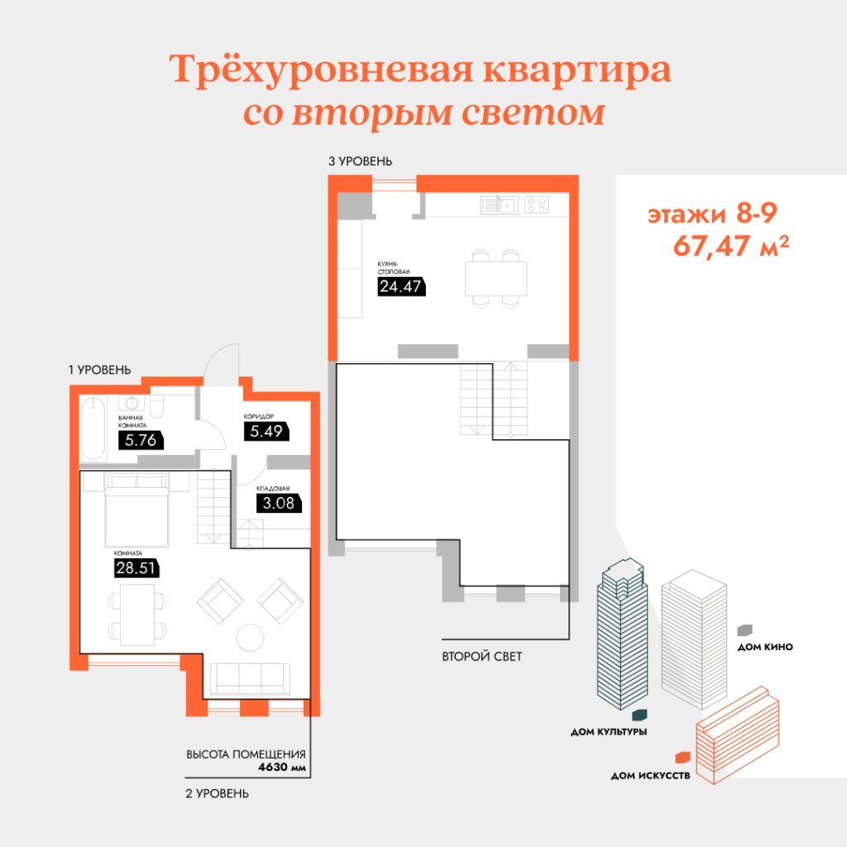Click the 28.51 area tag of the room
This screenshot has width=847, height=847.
click(x=136, y=567)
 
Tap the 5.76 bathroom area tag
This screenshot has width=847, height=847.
click(x=141, y=440)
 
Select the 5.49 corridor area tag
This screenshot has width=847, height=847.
click(x=266, y=431)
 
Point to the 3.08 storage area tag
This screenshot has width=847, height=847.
click(x=279, y=504)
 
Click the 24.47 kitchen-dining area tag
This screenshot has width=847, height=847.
click(x=401, y=286)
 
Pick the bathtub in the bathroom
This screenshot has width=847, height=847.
click(x=93, y=428)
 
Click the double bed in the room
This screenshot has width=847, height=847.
click(x=136, y=510)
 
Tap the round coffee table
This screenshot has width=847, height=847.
click(x=250, y=638)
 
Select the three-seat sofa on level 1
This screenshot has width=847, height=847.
click(x=250, y=679)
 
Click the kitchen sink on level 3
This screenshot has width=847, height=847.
click(x=499, y=205)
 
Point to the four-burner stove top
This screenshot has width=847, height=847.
click(x=537, y=205)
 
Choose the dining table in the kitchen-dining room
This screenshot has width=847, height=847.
click(x=496, y=278)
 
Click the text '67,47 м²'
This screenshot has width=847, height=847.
click(x=731, y=246)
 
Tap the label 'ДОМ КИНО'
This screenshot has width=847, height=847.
click(x=765, y=647)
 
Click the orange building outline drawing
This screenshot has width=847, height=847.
click(x=738, y=735)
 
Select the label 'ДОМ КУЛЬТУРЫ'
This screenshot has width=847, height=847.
click(x=609, y=732)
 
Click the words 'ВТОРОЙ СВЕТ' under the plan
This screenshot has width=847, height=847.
click(x=482, y=657)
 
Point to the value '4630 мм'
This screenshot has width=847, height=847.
click(x=282, y=767)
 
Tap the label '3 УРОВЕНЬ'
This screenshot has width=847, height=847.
click(x=361, y=161)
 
